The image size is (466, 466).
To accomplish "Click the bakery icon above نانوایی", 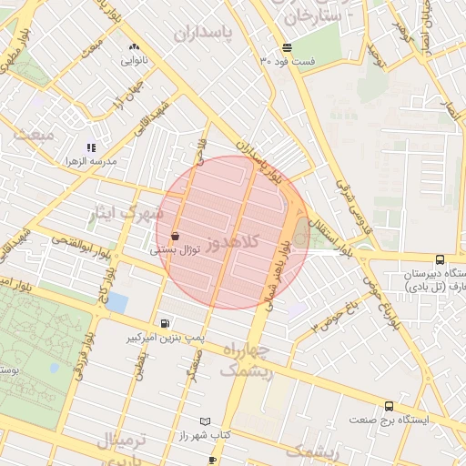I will point(135,46).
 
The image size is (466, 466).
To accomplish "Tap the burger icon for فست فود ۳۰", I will point(287,47).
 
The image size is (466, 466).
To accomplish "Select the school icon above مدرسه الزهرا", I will point(91,147).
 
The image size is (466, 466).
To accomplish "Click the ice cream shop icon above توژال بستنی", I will point(174,236).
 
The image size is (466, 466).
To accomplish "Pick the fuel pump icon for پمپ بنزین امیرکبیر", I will point(164,323).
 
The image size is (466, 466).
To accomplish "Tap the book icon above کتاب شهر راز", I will point(205,421).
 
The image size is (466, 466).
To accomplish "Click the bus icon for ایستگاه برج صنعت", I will point(390,406).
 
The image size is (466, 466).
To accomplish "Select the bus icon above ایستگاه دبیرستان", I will point(441,260).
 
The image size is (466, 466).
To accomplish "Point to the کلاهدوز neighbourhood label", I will point(232,242).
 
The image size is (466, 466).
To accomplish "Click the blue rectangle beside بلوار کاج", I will point(116,302).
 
